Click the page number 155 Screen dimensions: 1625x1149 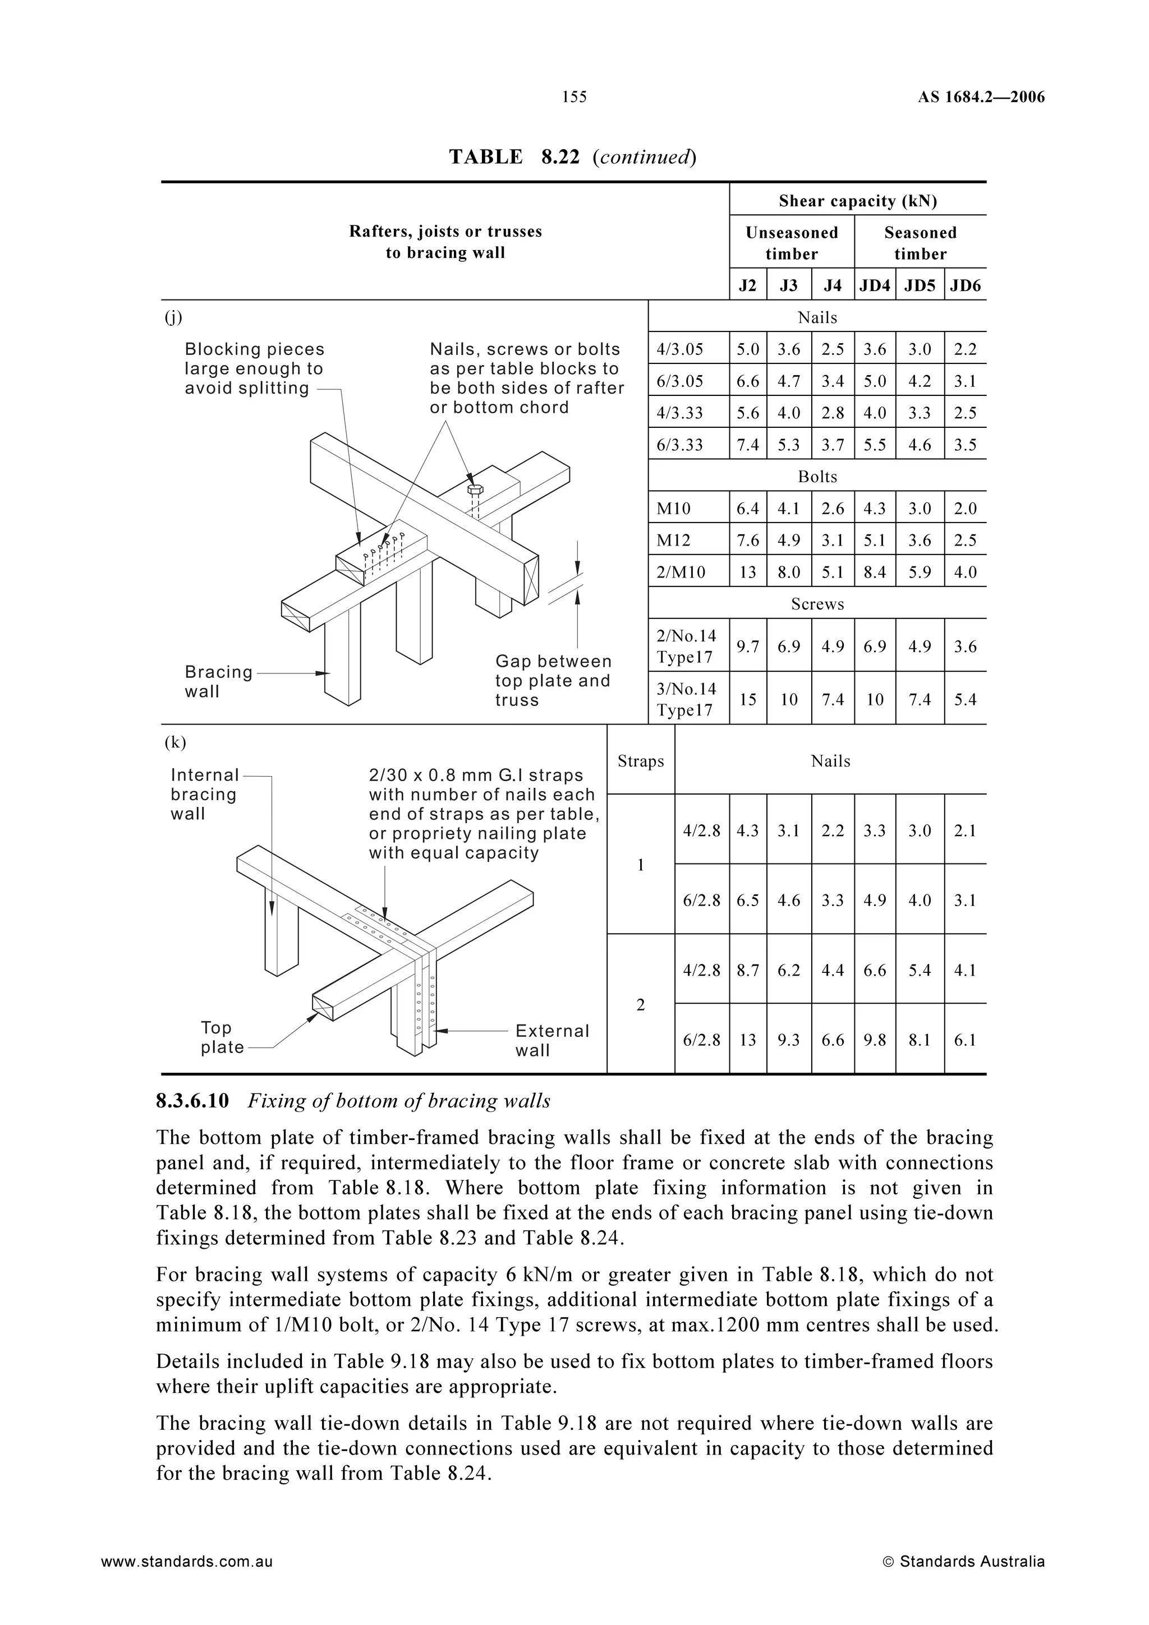click(574, 97)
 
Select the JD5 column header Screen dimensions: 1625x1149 click(920, 285)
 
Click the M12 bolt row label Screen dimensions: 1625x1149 click(673, 540)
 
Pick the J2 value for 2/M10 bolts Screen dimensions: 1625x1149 click(748, 572)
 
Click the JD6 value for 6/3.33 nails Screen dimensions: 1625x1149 click(965, 445)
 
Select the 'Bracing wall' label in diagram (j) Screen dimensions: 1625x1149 click(218, 681)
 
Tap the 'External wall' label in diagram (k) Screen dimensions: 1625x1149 click(551, 1040)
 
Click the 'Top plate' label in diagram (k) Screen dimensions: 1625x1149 click(222, 1037)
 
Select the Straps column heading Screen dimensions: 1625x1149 click(641, 761)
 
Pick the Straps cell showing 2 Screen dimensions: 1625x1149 click(641, 1004)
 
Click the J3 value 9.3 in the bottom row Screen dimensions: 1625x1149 click(789, 1040)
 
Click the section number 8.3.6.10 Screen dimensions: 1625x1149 click(192, 1101)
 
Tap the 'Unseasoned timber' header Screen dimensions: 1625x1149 click(792, 243)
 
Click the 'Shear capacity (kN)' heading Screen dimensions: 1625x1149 click(857, 201)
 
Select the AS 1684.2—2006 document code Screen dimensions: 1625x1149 click(981, 98)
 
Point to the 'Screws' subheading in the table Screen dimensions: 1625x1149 click(817, 604)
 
